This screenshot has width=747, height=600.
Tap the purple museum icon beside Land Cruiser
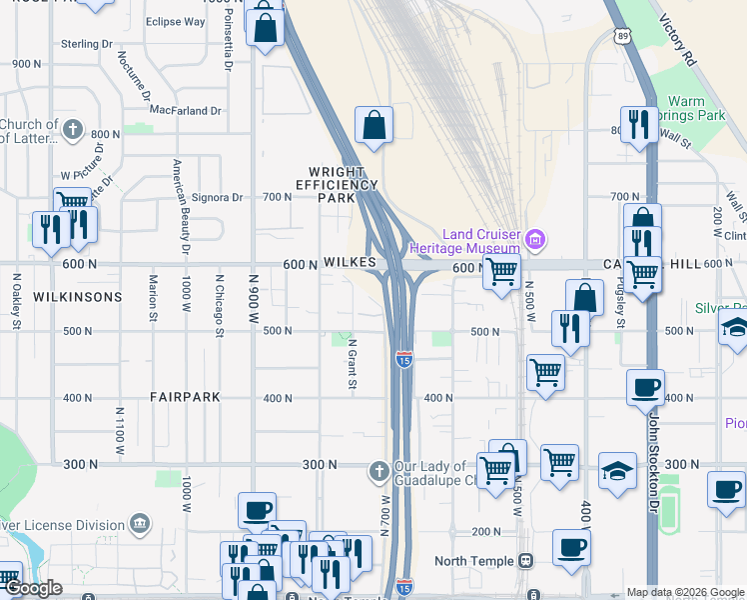(536, 239)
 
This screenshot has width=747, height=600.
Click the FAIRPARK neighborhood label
(185, 397)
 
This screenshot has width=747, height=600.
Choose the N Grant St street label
(353, 365)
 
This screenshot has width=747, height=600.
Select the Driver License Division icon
(139, 524)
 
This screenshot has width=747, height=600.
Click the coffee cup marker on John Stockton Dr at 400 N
(644, 387)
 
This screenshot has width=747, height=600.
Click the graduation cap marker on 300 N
(617, 471)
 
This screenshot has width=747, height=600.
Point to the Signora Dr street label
(217, 197)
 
